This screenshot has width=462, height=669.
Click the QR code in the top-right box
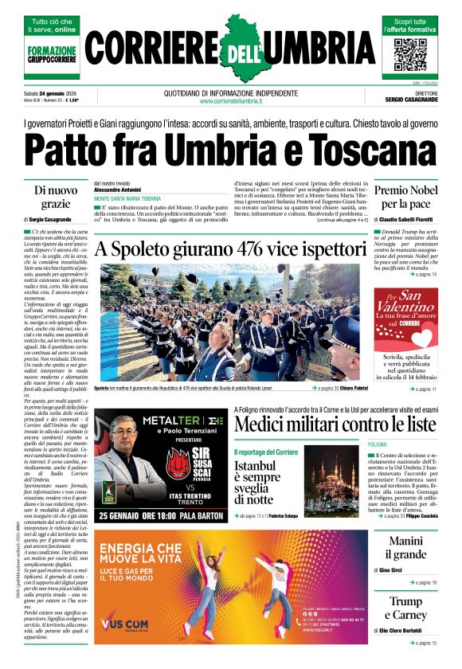coord(410,55)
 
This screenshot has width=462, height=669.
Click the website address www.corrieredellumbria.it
coord(231,101)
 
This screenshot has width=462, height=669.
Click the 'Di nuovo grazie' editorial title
coord(56,197)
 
